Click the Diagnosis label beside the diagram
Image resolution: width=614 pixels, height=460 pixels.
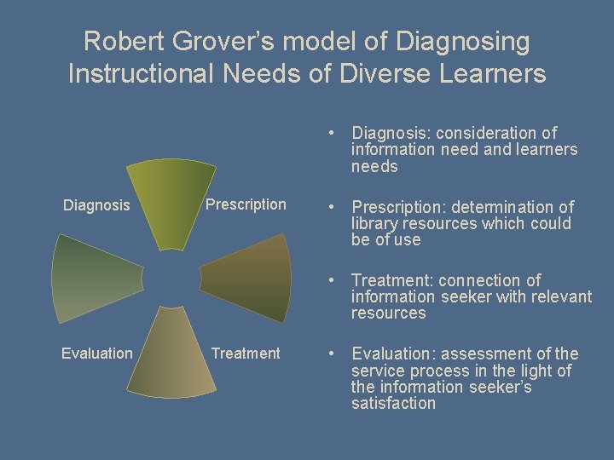pos(96,205)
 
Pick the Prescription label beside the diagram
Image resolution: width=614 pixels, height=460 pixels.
pos(246,204)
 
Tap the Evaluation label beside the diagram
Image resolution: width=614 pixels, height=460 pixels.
pos(97,354)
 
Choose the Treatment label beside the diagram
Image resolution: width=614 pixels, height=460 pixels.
pos(246,354)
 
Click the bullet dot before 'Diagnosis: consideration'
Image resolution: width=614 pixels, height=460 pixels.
pos(327,134)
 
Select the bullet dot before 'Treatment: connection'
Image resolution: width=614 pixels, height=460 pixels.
pos(327,281)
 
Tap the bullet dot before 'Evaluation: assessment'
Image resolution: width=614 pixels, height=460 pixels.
pos(327,354)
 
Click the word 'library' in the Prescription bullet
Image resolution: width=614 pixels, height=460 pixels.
pos(374,224)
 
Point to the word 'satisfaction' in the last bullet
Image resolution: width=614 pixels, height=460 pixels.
pos(393,404)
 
